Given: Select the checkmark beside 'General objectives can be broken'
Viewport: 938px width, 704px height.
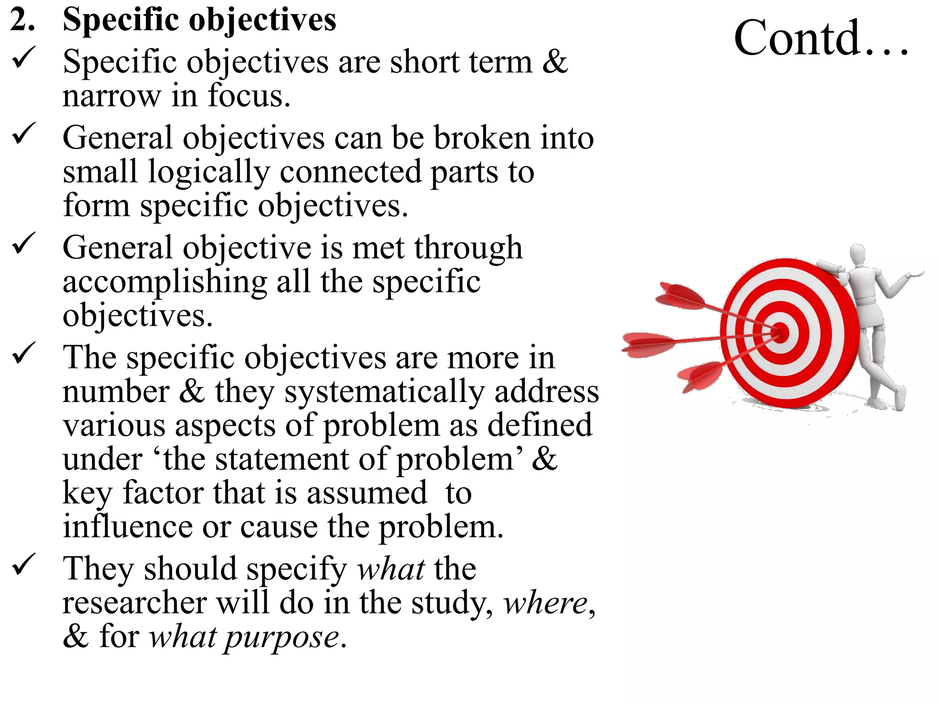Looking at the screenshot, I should click(x=23, y=133).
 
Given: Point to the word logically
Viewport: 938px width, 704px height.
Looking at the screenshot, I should click(x=209, y=173).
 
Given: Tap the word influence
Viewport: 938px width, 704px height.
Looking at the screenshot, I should click(x=127, y=527).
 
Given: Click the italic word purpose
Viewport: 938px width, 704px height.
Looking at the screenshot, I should click(x=281, y=638).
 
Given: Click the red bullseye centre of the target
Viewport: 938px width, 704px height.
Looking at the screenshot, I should click(x=781, y=332).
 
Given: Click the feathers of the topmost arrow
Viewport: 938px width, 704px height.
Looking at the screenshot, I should click(x=678, y=296).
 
